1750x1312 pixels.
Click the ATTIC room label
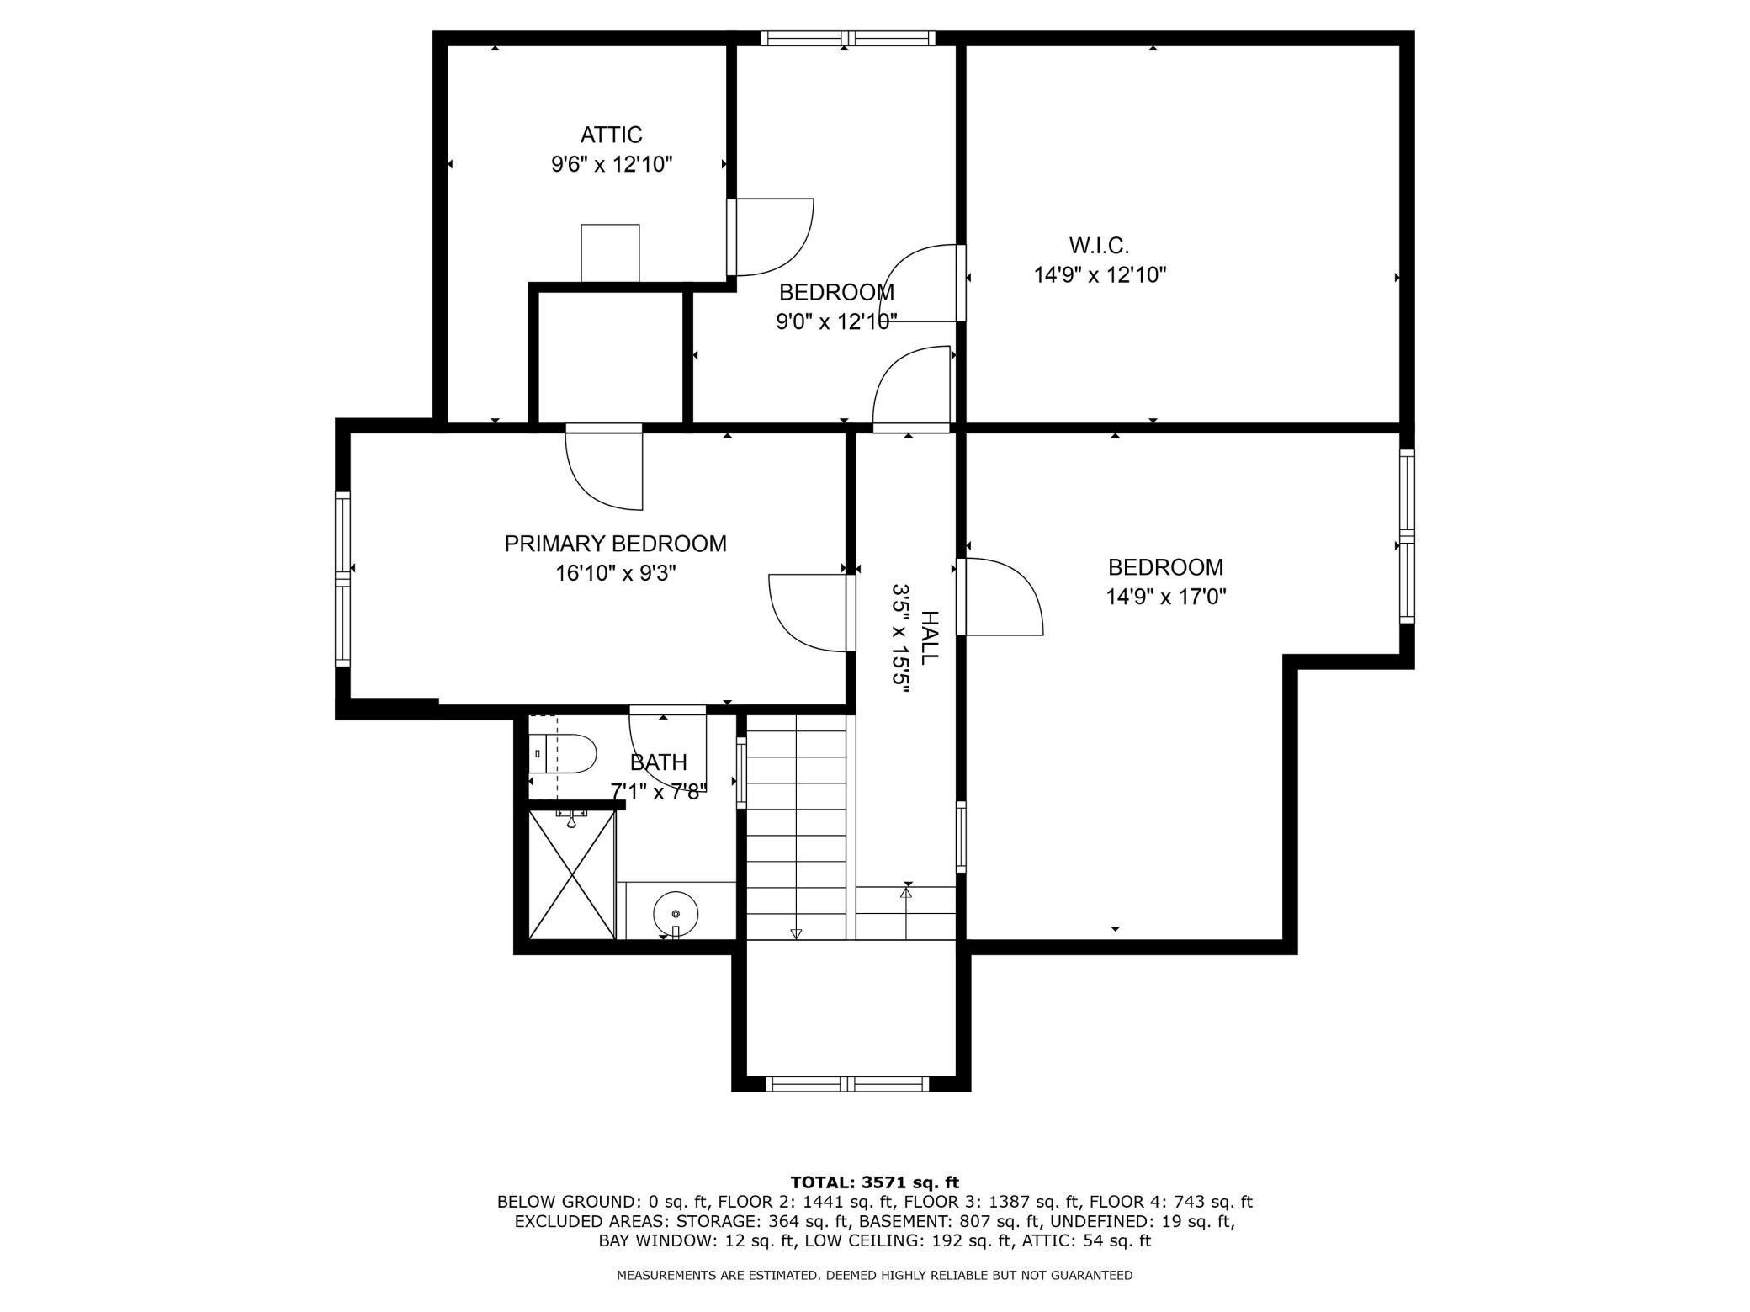pyautogui.click(x=611, y=135)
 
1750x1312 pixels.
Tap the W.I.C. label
pyautogui.click(x=1099, y=246)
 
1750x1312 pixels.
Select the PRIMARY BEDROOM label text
pyautogui.click(x=615, y=544)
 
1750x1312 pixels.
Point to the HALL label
pyautogui.click(x=929, y=638)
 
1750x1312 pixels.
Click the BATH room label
pyautogui.click(x=658, y=762)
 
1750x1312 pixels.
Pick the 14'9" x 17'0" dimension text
pyautogui.click(x=1165, y=597)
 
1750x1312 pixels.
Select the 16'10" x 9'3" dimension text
pyautogui.click(x=615, y=573)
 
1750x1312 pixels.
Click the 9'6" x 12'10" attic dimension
pyautogui.click(x=612, y=164)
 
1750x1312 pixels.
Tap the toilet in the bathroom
pyautogui.click(x=562, y=753)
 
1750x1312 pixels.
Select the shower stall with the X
pyautogui.click(x=572, y=874)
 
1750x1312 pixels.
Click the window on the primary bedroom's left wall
pyautogui.click(x=342, y=579)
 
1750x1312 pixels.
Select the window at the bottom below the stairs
pyautogui.click(x=849, y=1084)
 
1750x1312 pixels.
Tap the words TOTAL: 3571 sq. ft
pyautogui.click(x=874, y=1182)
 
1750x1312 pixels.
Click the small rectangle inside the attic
pyautogui.click(x=610, y=253)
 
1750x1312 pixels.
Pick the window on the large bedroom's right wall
pyautogui.click(x=1407, y=536)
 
